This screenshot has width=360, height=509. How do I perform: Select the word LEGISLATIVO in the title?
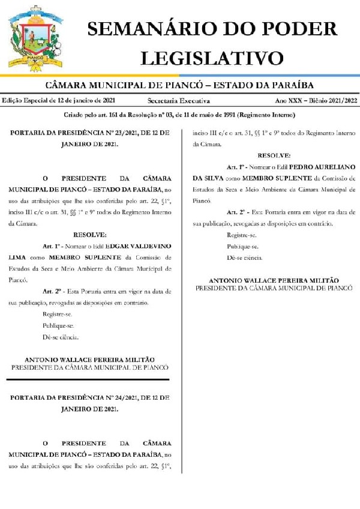pos(212,58)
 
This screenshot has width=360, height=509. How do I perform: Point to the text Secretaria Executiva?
pos(179,101)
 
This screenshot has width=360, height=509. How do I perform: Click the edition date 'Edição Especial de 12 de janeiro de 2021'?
pos(59,101)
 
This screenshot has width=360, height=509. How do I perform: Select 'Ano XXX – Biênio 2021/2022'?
pos(316,101)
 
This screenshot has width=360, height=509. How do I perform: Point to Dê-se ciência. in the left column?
pos(60,336)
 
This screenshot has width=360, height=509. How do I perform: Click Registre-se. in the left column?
pos(58,314)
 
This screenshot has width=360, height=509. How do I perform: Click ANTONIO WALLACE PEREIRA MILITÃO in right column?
pos(274,280)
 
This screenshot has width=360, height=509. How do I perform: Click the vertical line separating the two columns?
pos(181,300)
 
